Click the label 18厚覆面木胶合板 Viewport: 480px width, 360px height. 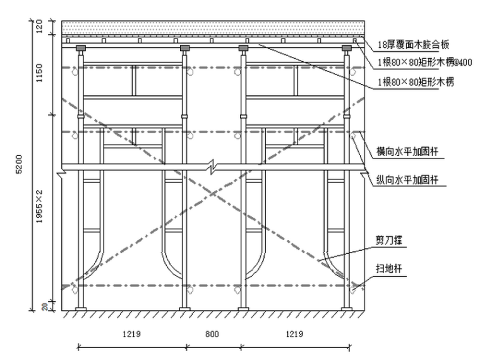pos(413,45)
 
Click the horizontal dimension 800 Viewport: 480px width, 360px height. pos(213,335)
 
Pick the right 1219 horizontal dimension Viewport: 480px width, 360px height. pos(294,335)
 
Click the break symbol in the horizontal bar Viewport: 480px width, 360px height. pos(214,168)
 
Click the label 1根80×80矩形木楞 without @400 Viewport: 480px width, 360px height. pos(415,82)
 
